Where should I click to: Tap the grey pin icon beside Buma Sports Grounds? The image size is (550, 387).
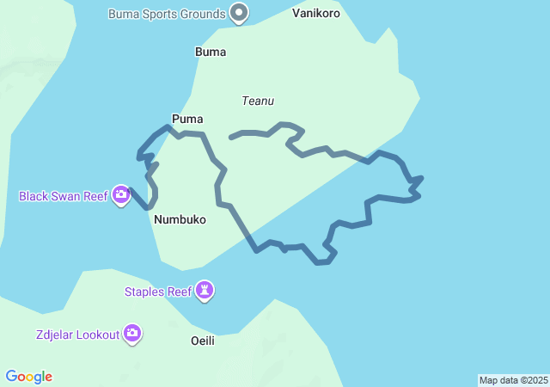pos(240,13)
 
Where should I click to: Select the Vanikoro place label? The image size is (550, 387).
pos(315,13)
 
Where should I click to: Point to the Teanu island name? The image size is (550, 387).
pos(258,101)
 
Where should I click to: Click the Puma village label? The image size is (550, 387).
pos(187,119)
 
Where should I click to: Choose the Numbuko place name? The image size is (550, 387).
pos(180,219)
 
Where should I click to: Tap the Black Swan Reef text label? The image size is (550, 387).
pos(64,196)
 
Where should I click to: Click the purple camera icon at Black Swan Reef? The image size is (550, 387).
pos(121,195)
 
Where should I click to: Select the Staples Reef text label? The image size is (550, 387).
pos(158,292)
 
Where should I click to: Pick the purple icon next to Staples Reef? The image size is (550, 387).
pos(205,291)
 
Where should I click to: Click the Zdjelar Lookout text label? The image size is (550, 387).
pos(77,335)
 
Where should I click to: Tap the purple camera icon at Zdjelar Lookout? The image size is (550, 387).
pos(131,334)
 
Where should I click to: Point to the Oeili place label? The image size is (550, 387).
pos(202,341)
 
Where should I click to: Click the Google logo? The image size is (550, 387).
pos(28,377)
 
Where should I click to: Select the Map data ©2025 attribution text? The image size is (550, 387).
pos(513,380)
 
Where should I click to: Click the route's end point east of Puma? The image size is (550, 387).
pos(231,137)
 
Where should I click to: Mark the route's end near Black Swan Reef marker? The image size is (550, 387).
pos(131,191)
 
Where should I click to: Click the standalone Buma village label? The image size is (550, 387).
pos(211,52)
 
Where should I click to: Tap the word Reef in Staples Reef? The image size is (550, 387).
pos(179,292)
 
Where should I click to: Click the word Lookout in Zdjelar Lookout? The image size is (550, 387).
pos(96,335)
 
